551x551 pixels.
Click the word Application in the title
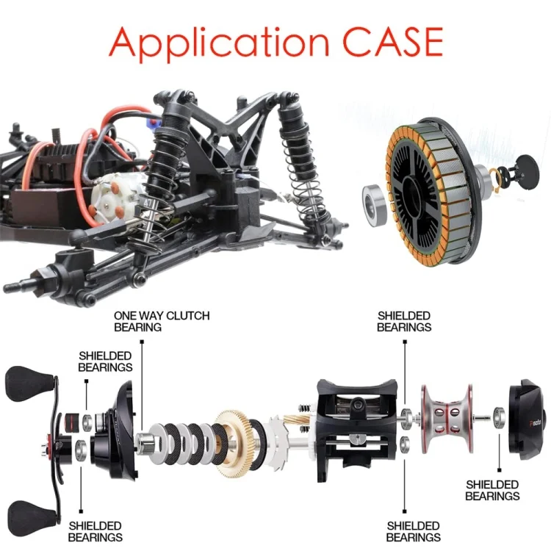click(x=219, y=43)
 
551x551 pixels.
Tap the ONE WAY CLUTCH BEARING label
click(x=162, y=321)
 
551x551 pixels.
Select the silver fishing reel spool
click(x=447, y=419)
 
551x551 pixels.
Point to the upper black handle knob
click(x=29, y=383)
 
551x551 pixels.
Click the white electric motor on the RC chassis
click(x=114, y=199)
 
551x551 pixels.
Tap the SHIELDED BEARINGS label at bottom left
click(x=95, y=531)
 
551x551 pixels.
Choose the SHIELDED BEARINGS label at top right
click(x=404, y=321)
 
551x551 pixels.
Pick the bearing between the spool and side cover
click(x=500, y=417)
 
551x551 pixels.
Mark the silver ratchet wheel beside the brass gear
click(x=278, y=442)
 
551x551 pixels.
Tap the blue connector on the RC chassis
click(x=154, y=123)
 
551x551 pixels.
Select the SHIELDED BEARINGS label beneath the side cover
click(x=492, y=490)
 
